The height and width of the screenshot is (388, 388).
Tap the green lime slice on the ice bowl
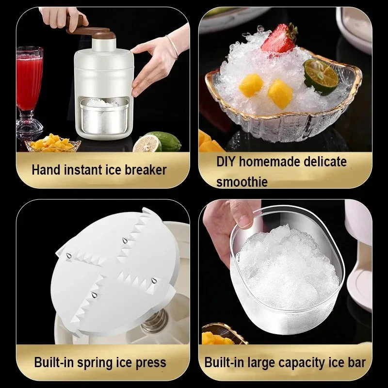click(321, 76)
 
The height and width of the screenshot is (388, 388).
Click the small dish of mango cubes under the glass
click(53, 143)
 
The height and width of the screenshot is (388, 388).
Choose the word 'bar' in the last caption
click(356, 362)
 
